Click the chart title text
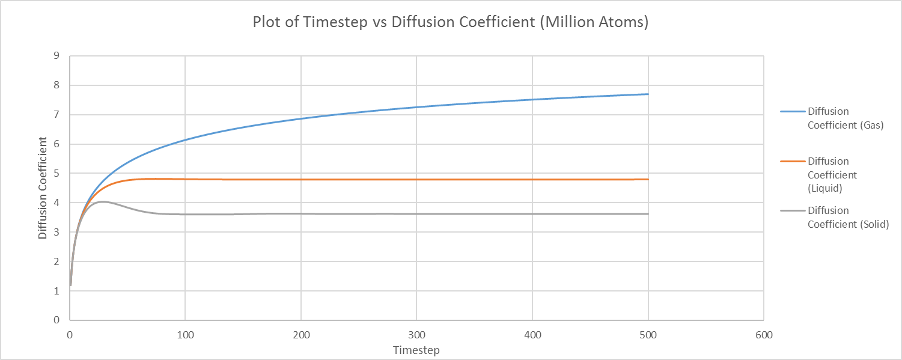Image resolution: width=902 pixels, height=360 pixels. pyautogui.click(x=451, y=22)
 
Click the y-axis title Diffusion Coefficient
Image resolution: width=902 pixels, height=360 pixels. pyautogui.click(x=43, y=188)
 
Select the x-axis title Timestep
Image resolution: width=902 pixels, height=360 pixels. pyautogui.click(x=416, y=350)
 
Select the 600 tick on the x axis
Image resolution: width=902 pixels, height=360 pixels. pyautogui.click(x=763, y=335)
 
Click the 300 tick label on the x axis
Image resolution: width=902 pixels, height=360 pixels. pyautogui.click(x=416, y=335)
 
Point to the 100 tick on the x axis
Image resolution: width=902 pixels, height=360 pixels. pyautogui.click(x=185, y=335)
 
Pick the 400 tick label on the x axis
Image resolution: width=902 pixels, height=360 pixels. pyautogui.click(x=532, y=335)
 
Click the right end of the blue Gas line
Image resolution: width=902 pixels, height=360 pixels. pyautogui.click(x=648, y=94)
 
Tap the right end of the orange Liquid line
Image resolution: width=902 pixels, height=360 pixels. pyautogui.click(x=648, y=179)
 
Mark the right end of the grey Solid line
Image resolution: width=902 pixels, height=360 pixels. pyautogui.click(x=648, y=214)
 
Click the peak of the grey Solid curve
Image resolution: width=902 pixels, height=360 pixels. pyautogui.click(x=103, y=201)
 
